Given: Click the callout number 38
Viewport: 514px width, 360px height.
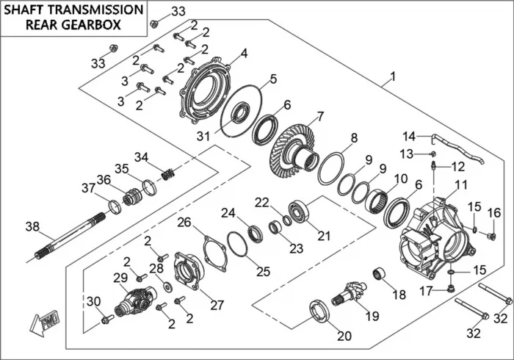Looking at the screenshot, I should pos(31,226).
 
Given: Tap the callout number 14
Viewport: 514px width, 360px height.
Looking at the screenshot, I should pos(408,136).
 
